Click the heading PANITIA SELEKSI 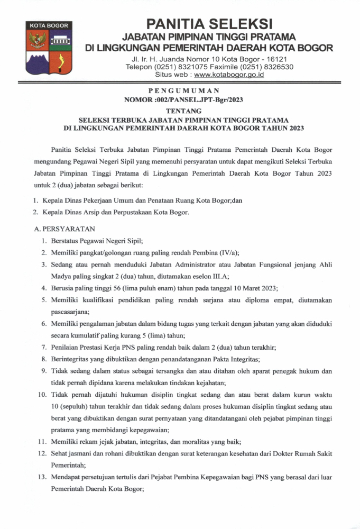[209, 24]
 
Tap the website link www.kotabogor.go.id [229, 75]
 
